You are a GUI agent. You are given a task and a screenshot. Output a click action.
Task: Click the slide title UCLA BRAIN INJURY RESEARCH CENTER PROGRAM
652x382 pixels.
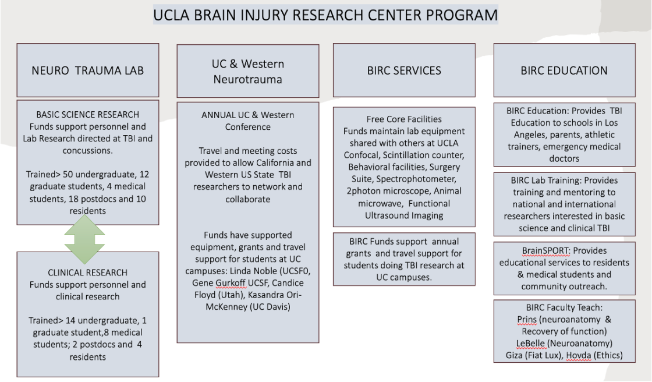pyautogui.click(x=325, y=14)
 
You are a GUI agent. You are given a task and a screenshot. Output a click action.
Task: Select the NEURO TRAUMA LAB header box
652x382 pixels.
pyautogui.click(x=87, y=70)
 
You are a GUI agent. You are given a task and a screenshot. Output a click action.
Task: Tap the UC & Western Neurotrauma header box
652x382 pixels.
pyautogui.click(x=248, y=71)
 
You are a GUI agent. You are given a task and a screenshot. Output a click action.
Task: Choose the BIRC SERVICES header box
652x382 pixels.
pyautogui.click(x=404, y=70)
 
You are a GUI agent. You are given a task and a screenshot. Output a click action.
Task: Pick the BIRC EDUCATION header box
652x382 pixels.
pyautogui.click(x=564, y=70)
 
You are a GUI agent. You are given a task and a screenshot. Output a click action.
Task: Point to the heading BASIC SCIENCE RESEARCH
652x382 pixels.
pyautogui.click(x=88, y=114)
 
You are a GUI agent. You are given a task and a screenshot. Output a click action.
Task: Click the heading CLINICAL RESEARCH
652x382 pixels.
pyautogui.click(x=87, y=273)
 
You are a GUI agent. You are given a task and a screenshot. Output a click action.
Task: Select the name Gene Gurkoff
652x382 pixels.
pyautogui.click(x=217, y=284)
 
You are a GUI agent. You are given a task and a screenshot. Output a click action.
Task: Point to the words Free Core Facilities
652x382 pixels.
pyautogui.click(x=404, y=119)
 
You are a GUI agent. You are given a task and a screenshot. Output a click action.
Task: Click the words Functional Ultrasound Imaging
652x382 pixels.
pyautogui.click(x=404, y=210)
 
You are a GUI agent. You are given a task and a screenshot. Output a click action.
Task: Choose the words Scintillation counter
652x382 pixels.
pyautogui.click(x=424, y=155)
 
